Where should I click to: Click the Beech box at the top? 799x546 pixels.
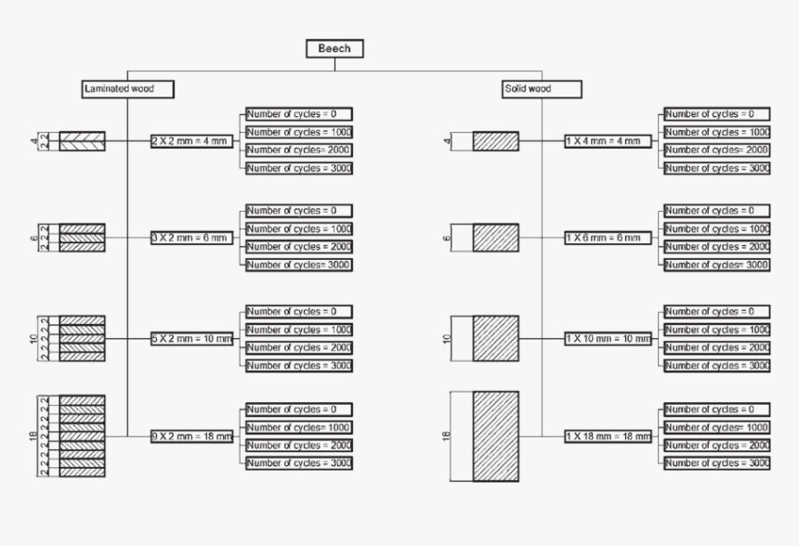click(334, 48)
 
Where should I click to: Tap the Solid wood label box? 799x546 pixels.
click(541, 89)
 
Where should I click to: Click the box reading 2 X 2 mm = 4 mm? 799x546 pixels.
click(192, 141)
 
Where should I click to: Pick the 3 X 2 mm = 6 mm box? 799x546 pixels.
click(192, 239)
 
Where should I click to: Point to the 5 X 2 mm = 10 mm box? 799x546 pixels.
click(192, 339)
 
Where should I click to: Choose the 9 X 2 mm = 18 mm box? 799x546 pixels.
click(192, 435)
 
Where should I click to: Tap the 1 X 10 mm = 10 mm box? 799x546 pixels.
click(607, 339)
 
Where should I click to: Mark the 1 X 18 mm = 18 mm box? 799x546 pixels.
click(607, 435)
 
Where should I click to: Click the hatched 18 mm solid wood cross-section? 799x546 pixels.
click(495, 436)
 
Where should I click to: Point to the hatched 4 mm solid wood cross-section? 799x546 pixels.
click(495, 141)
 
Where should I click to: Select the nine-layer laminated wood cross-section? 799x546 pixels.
click(82, 436)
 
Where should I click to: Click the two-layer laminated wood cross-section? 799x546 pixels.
click(82, 141)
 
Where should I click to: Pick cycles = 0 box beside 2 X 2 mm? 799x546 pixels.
click(299, 114)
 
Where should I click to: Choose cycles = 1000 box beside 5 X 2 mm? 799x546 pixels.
click(299, 330)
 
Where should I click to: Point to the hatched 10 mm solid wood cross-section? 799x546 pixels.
click(495, 339)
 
